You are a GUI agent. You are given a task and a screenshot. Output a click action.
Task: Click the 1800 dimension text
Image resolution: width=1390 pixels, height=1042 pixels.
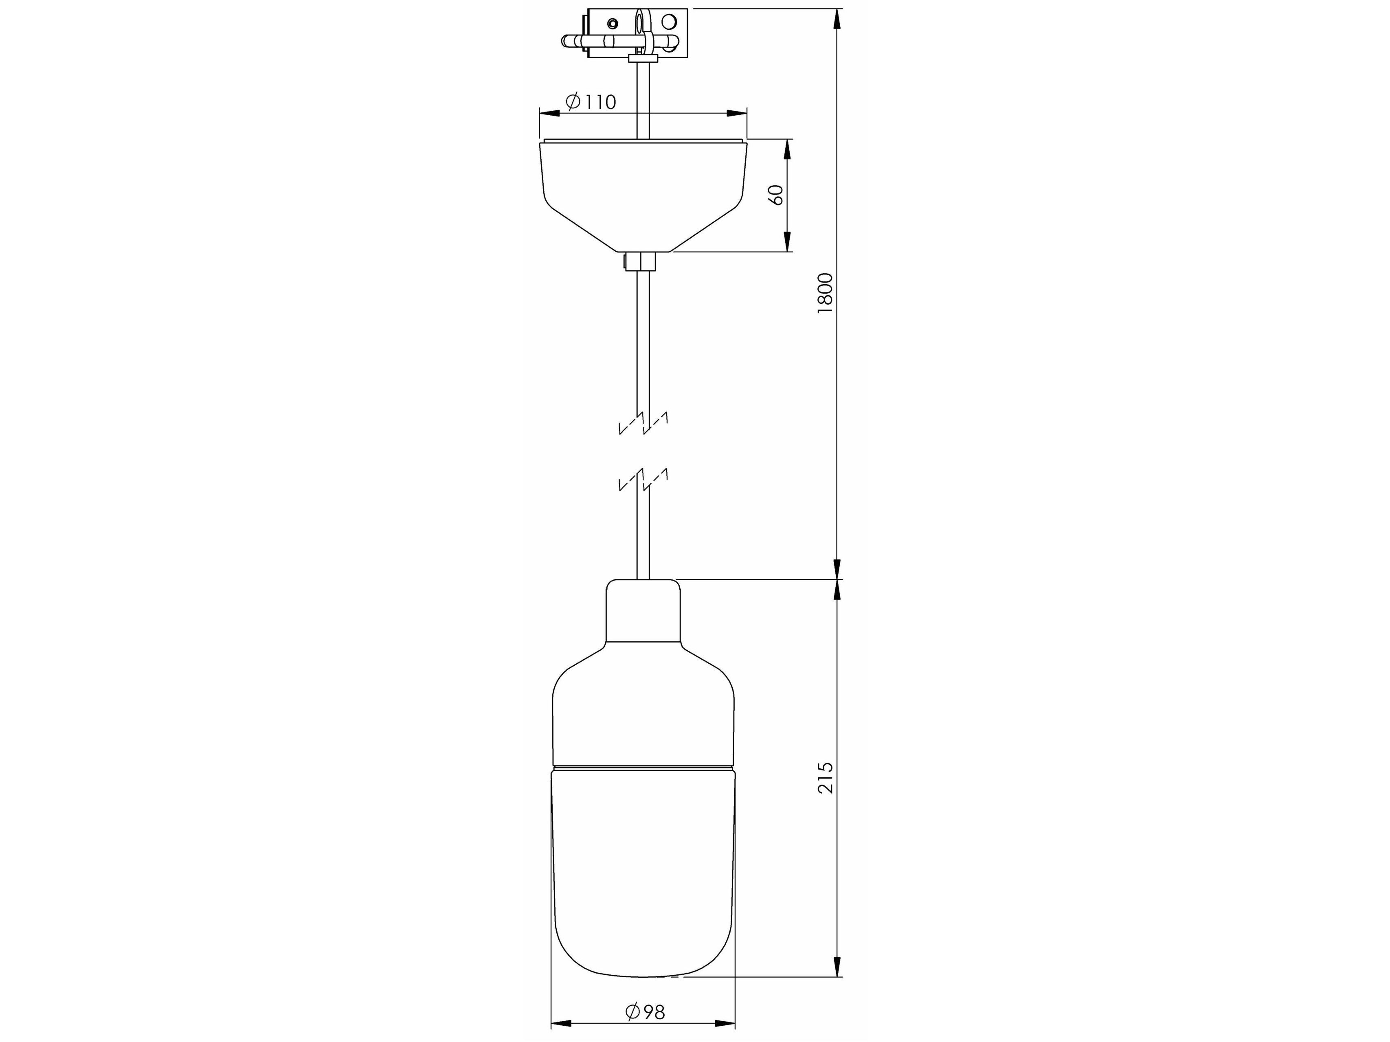coord(825,293)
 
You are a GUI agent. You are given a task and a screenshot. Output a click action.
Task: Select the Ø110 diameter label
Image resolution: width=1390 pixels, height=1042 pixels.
coord(591,102)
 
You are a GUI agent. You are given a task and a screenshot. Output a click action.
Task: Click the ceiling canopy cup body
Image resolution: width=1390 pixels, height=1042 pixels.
coord(643,189)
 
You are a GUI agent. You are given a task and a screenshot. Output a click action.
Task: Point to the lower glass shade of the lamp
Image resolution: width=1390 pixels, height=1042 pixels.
coord(643,879)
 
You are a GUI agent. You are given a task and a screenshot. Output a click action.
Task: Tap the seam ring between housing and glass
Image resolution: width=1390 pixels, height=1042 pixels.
coord(643,767)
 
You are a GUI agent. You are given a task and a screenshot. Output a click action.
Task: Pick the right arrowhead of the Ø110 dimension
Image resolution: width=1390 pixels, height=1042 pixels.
coord(737,114)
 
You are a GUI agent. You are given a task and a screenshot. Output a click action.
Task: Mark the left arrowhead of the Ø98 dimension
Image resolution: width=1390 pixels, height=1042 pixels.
coord(560,1024)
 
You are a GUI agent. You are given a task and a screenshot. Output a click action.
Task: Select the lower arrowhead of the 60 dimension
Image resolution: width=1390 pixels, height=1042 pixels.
coord(787,242)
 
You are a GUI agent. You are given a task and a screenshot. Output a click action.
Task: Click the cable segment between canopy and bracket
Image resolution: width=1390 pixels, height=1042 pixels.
coord(643,97)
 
